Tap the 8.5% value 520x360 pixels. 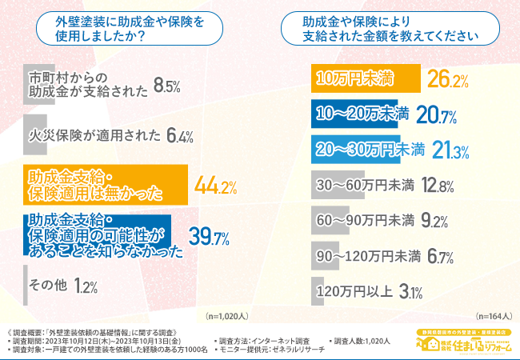point(171,85)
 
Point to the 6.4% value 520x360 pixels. point(181,136)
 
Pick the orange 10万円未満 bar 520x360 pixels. point(365,78)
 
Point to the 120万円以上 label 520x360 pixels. point(354,290)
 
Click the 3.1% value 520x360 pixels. point(410,291)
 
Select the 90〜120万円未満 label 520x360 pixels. point(370,256)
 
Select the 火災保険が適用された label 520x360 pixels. point(93,135)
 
